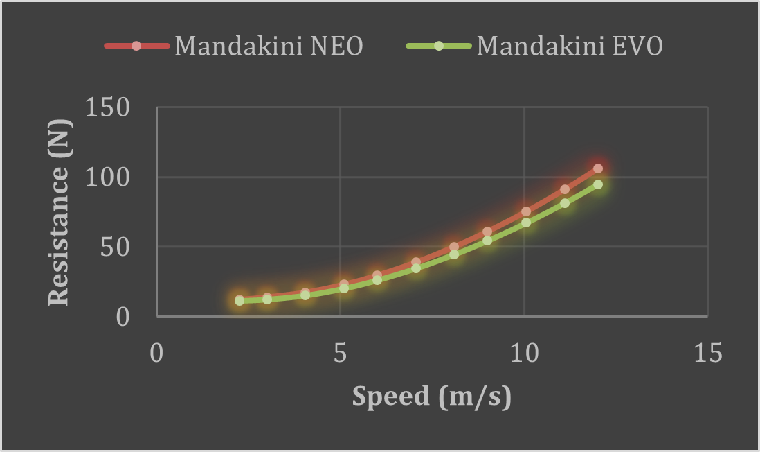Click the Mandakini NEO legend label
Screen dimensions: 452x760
(269, 46)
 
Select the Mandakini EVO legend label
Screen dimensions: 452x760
(570, 46)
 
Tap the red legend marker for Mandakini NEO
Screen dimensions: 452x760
(136, 46)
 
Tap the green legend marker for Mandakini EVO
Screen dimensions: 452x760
(438, 46)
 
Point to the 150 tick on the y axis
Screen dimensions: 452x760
(107, 108)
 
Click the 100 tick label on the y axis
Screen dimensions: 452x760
(107, 177)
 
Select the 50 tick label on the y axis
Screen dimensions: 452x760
(115, 247)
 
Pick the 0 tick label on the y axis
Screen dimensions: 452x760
(123, 316)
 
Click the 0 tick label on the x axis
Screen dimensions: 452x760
(156, 353)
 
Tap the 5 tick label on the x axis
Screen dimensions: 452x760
(340, 353)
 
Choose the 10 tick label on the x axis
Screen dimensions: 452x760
(524, 353)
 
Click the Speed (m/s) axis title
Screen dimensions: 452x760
(431, 397)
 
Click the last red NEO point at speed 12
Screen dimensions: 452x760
(598, 168)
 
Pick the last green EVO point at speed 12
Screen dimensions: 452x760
(598, 184)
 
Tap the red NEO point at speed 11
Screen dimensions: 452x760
(565, 189)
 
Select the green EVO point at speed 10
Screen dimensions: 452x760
(526, 223)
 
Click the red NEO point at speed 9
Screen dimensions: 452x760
(487, 232)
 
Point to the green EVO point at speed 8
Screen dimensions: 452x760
(454, 254)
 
